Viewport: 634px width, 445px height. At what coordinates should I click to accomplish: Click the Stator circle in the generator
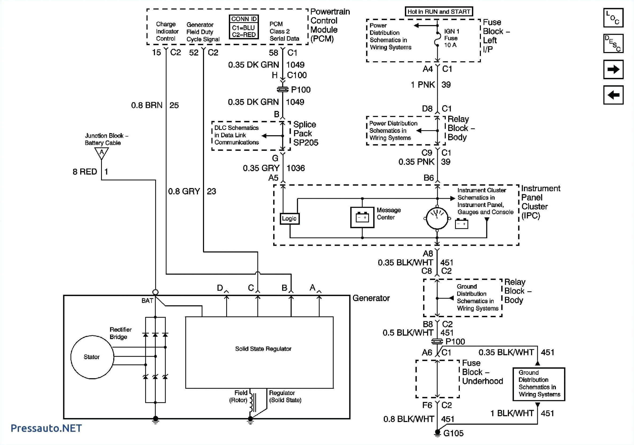pos(92,357)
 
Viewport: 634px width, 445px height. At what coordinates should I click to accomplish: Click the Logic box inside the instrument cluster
pos(289,218)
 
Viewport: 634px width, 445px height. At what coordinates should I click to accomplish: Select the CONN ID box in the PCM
pos(244,27)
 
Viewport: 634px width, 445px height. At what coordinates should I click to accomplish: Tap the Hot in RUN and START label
pos(438,11)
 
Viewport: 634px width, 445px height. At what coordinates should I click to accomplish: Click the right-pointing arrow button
pos(613,69)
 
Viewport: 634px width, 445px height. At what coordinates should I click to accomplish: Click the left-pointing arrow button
pos(613,95)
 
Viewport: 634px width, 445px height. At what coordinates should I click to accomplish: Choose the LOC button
pos(613,18)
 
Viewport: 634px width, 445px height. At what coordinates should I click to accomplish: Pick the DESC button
pos(613,43)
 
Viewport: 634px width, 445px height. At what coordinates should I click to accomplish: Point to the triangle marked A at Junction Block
pos(102,153)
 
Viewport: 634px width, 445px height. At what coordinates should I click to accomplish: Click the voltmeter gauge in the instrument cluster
pos(437,218)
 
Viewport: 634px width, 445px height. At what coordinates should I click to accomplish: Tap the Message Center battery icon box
pos(362,217)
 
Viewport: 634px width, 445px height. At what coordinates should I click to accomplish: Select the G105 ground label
pos(453,433)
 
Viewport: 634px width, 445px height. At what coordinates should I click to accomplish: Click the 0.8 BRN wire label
pos(147,105)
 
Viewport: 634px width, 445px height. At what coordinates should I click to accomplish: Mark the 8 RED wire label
pos(85,172)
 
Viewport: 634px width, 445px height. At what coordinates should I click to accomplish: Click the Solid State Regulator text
pos(263,349)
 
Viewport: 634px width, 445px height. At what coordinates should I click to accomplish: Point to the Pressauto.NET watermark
pos(46,428)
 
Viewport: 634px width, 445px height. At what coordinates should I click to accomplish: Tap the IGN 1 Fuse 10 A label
pos(451,38)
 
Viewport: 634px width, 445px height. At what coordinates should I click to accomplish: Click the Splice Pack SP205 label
pos(305,133)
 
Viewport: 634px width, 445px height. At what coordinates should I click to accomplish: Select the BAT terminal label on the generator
pos(147,300)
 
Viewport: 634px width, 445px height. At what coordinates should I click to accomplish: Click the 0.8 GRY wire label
pos(184,191)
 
